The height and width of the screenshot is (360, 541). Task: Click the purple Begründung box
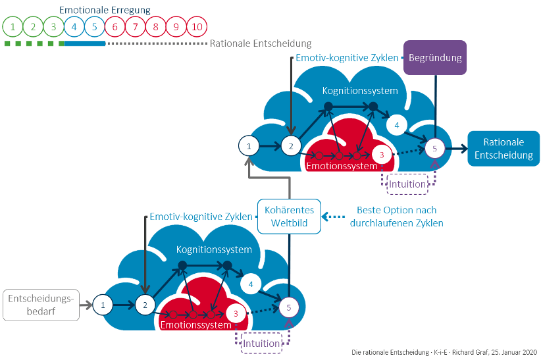coord(435,57)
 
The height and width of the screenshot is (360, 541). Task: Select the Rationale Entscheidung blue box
coord(503,148)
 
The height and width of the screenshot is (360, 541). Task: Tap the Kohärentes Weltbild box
coord(289,216)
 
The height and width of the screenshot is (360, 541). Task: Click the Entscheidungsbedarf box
coord(41,305)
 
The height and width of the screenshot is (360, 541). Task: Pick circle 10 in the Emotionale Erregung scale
coord(197,27)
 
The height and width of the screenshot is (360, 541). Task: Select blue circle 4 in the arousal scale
coord(74,27)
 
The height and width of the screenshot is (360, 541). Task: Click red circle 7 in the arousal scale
coord(136,27)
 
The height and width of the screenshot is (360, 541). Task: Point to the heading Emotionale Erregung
coord(105,11)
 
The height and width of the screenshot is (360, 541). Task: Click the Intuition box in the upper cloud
coord(407,184)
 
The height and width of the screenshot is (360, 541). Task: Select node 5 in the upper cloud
coord(434,148)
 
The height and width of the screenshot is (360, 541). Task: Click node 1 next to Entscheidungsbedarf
coord(103,304)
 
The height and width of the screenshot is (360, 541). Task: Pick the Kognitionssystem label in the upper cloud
coord(361,90)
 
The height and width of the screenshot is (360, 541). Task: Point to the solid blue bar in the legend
coord(85,43)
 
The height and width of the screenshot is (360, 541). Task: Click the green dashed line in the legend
coord(34,43)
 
